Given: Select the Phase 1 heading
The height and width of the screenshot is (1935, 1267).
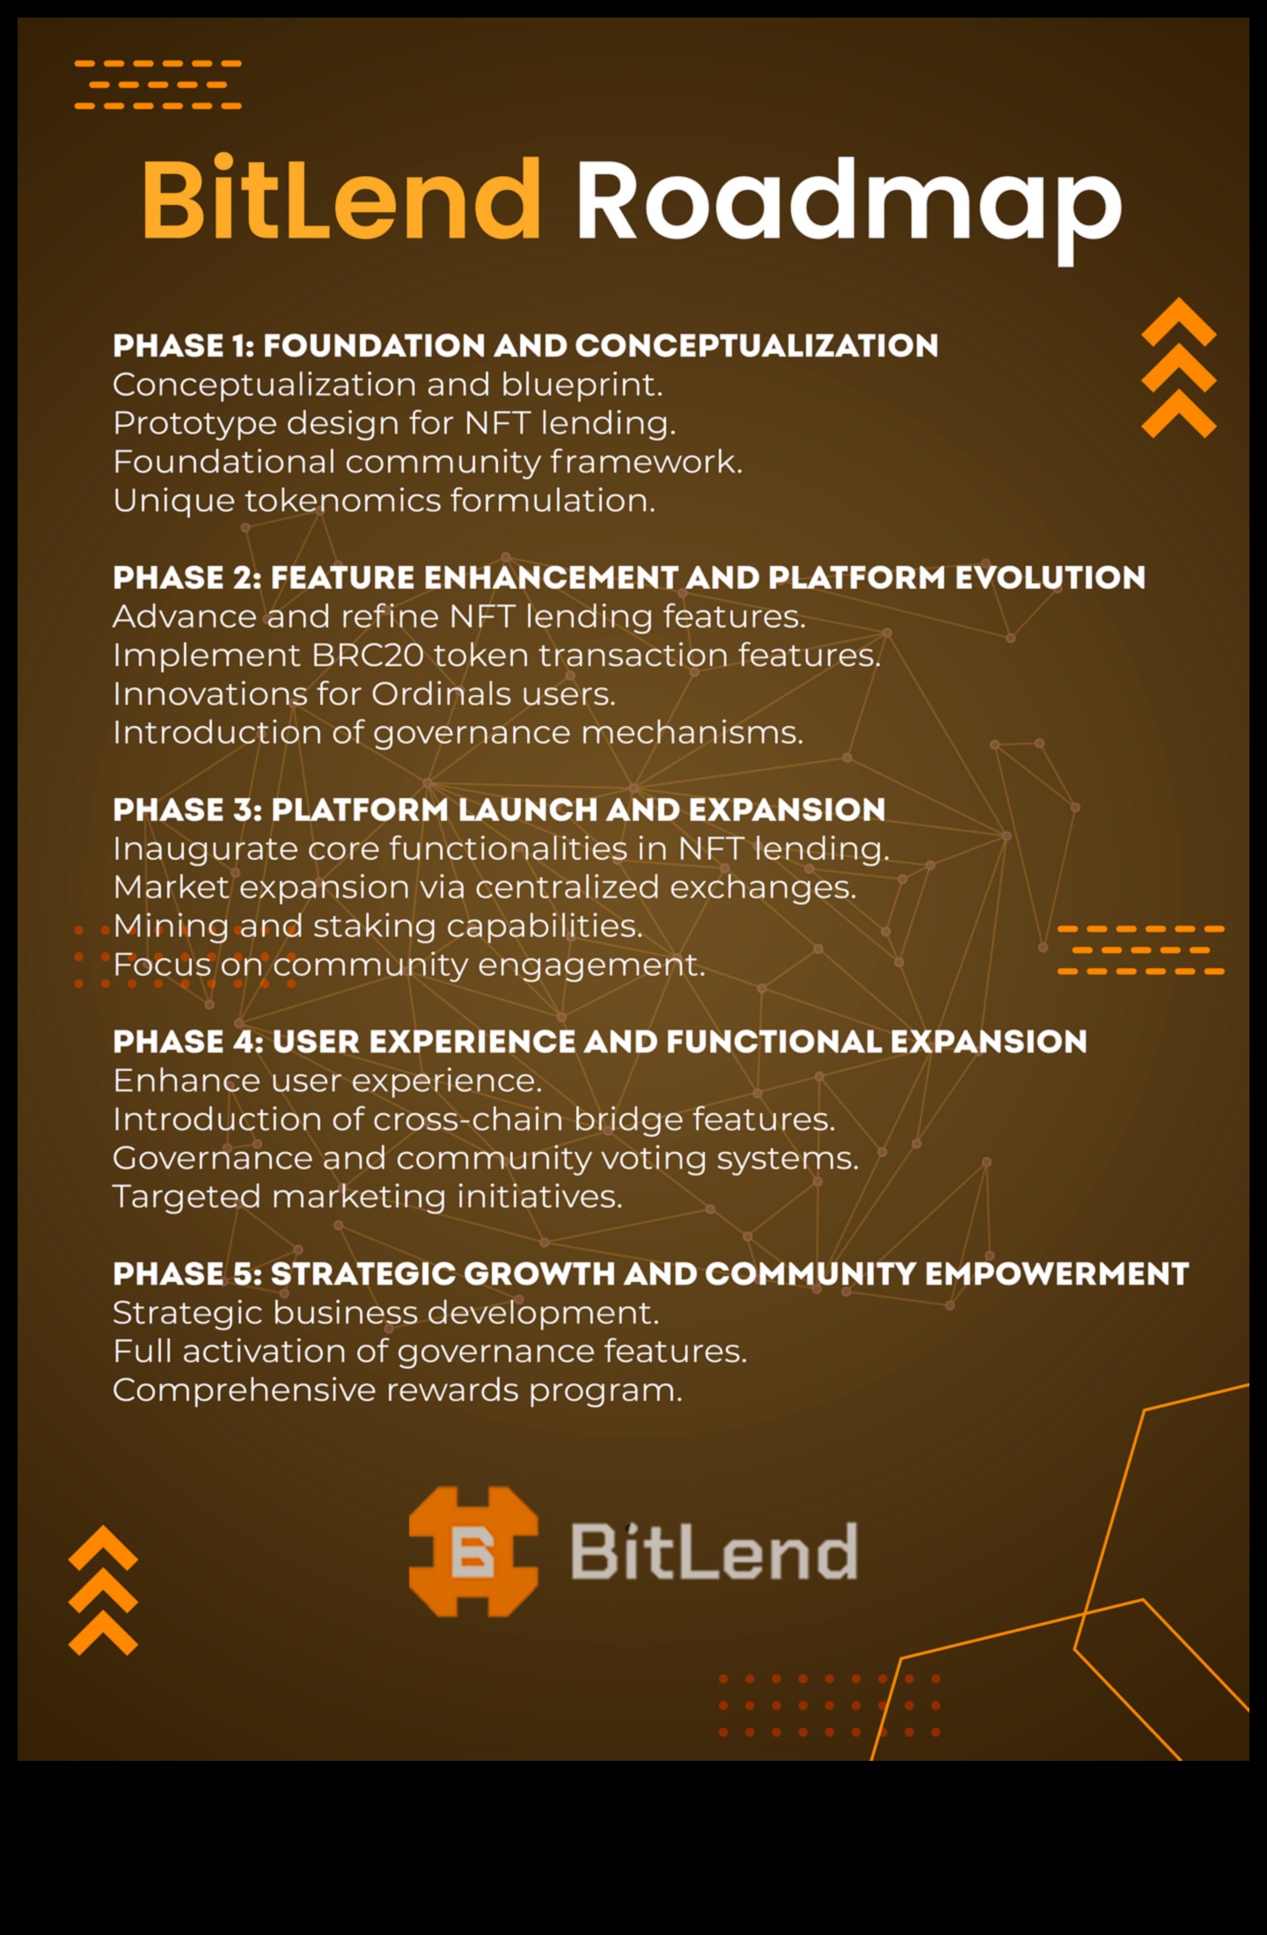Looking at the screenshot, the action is [525, 346].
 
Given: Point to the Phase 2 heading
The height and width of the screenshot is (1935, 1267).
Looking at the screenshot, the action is [629, 578].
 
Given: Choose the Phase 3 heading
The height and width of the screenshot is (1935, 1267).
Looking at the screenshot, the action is [499, 810].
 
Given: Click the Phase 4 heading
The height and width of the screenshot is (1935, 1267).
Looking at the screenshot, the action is [600, 1043].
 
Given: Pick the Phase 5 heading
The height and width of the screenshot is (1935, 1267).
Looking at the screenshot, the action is [651, 1274].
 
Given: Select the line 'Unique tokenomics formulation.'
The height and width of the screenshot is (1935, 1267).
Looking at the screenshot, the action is [384, 502].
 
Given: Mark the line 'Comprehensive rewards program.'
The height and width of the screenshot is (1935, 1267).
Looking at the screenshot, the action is [398, 1391].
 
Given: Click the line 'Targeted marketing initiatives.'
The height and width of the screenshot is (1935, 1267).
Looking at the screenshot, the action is [368, 1198].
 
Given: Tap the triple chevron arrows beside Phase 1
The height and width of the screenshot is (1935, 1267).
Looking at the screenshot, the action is [1179, 368].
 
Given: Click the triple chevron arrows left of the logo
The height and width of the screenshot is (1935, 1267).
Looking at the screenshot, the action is [103, 1590].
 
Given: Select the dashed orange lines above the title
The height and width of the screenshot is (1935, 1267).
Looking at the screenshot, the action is [158, 84].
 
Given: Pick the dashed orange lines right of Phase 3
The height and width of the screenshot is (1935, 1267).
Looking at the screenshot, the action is [1141, 950].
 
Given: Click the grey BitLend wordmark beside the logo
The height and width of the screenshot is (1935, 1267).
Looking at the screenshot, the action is [714, 1552].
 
